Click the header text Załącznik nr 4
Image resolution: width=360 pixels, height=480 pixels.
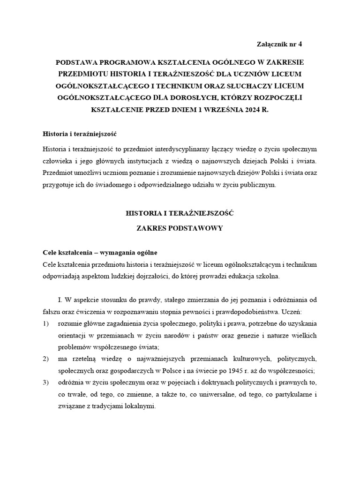(x=280, y=44)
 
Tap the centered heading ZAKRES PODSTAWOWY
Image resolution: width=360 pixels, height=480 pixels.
(x=180, y=228)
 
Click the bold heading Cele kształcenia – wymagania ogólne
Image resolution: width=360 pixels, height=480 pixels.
(x=99, y=252)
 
